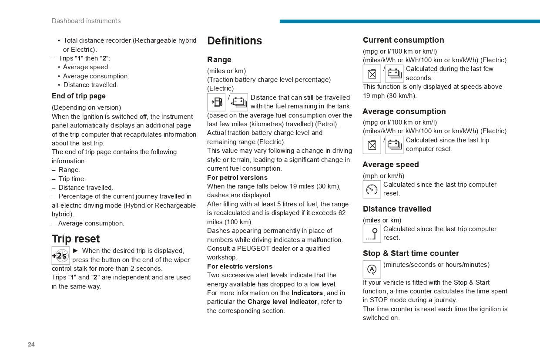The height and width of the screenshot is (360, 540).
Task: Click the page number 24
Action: click(x=31, y=344)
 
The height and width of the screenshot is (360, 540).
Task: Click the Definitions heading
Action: click(x=235, y=40)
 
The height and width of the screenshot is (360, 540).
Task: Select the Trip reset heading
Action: click(x=76, y=239)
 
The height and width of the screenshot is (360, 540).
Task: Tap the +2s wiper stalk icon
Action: click(x=60, y=256)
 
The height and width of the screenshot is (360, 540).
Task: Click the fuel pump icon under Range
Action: click(x=216, y=102)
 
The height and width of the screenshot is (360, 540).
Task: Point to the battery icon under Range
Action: click(x=239, y=102)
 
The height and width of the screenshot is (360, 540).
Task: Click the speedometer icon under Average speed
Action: click(x=372, y=189)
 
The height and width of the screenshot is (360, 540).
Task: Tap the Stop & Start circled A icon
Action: click(x=372, y=269)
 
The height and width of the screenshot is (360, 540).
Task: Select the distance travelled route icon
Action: click(x=372, y=234)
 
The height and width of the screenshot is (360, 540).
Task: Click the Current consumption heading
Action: click(x=403, y=40)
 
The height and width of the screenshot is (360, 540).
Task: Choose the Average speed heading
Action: click(x=391, y=165)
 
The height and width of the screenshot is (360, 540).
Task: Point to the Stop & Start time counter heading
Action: click(x=411, y=253)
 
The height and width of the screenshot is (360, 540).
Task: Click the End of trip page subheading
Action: click(x=79, y=96)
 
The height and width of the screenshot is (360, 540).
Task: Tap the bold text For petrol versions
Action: click(x=237, y=178)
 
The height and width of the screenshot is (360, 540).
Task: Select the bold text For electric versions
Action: click(x=240, y=266)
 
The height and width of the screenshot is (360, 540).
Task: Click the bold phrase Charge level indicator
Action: click(x=282, y=302)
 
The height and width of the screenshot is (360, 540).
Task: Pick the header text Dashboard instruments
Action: click(x=86, y=21)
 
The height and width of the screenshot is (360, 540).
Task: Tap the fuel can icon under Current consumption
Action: click(x=372, y=74)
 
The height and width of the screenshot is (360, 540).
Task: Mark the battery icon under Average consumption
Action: click(x=394, y=145)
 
